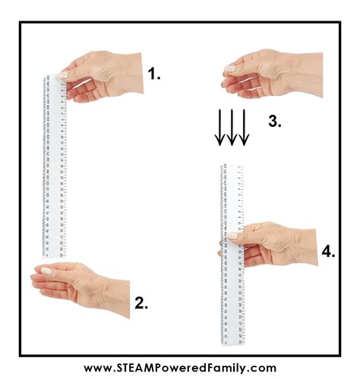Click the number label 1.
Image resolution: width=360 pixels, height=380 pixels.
(154, 74)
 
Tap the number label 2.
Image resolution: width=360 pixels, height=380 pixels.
(141, 304)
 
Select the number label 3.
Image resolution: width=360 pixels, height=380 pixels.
(274, 121)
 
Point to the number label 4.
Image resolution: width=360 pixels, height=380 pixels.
(328, 252)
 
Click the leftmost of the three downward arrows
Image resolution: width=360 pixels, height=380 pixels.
(220, 126)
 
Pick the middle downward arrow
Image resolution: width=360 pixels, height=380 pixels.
(232, 126)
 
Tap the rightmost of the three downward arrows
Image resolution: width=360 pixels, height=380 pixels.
(245, 126)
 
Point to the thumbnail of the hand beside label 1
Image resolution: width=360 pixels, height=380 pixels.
(62, 75)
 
